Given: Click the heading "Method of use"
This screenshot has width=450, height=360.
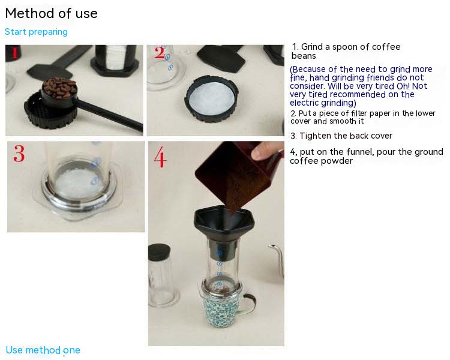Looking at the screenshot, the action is pos(52,13).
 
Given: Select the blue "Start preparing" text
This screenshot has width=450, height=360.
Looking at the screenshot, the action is pos(36,32).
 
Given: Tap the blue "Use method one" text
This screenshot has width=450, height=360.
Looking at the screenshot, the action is pos(43,350).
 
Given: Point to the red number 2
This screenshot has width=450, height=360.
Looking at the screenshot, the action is pos(159,53).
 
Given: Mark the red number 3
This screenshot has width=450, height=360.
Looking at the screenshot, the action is pos(19,154).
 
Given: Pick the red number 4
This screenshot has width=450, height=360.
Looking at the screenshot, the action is pos(160,157).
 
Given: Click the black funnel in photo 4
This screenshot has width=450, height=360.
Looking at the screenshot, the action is pos(224,227).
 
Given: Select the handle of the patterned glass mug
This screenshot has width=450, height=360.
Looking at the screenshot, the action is pos(249,304).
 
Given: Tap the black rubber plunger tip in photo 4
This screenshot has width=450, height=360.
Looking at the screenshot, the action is pos(159,252).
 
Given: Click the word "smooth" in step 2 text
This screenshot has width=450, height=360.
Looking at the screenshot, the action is pos(343,121).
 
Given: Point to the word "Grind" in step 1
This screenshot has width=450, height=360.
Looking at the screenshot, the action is pos(312,47).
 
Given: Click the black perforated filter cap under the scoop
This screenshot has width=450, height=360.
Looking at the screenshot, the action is pos(50,110).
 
